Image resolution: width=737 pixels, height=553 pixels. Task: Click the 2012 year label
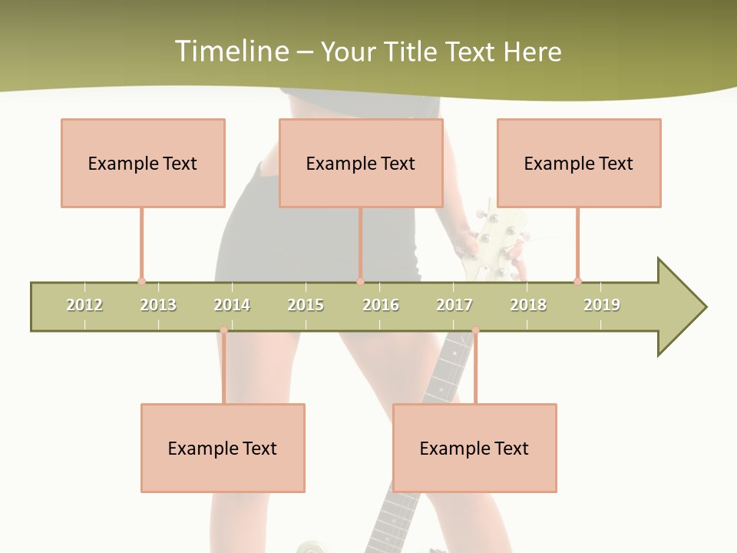[84, 305]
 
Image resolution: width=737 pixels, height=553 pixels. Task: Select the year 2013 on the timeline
[158, 305]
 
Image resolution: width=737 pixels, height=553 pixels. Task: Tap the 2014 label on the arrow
[232, 305]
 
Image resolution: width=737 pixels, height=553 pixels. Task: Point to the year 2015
[306, 305]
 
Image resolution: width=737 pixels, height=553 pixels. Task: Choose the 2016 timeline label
[381, 305]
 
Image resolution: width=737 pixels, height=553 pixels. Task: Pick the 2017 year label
[454, 305]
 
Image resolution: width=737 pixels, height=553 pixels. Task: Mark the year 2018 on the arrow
[528, 305]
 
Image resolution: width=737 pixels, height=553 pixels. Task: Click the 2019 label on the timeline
[602, 305]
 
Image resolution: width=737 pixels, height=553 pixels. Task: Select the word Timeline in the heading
[231, 51]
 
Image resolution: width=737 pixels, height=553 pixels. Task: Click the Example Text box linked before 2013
[143, 163]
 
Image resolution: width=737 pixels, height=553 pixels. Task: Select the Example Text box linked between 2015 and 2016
[361, 163]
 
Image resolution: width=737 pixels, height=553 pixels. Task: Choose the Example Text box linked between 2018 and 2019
[579, 163]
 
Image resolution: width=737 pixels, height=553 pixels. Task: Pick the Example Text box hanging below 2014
[223, 448]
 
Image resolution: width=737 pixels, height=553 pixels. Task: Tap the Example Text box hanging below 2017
[474, 448]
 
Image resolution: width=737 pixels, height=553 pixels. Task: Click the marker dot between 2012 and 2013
[141, 281]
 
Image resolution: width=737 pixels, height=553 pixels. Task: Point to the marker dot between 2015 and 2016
[360, 281]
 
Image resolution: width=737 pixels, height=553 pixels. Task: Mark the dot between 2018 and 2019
[577, 281]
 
